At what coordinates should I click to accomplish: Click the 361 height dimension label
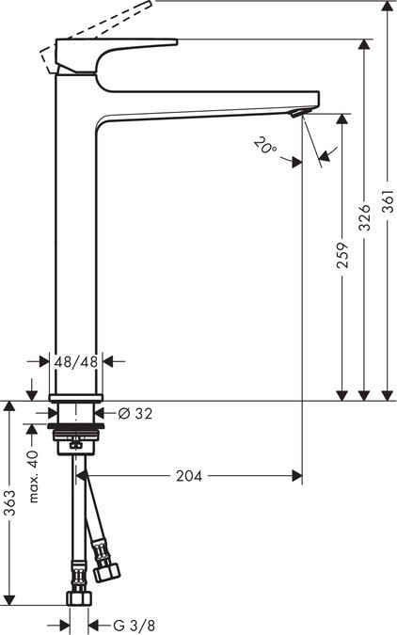point(388,216)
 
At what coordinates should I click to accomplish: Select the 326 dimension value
point(364,216)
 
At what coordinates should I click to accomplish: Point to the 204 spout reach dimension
point(189,476)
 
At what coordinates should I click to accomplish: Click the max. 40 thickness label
point(32,476)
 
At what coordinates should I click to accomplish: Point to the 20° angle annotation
point(264,146)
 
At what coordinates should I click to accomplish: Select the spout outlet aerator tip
point(297,113)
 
